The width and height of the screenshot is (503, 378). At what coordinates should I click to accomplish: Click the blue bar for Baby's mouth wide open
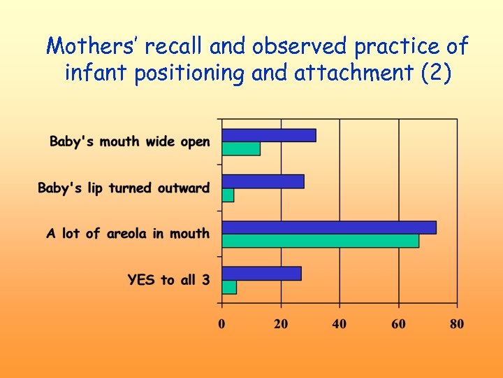click(269, 135)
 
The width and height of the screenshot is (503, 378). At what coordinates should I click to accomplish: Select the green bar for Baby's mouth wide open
click(241, 148)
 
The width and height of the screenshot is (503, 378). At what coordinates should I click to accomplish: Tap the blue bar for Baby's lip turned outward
click(263, 181)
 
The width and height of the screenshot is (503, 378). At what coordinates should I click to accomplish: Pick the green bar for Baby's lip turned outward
click(228, 195)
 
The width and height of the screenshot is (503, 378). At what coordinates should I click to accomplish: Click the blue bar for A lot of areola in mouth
click(329, 227)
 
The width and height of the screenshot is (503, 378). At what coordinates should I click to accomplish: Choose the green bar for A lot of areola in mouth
click(320, 241)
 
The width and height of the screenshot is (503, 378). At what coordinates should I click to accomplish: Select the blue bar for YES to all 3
click(261, 273)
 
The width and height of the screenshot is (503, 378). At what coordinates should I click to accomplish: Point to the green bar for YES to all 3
click(229, 287)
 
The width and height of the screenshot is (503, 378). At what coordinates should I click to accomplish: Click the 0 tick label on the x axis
click(221, 324)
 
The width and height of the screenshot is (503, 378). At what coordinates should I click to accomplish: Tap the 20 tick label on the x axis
click(281, 324)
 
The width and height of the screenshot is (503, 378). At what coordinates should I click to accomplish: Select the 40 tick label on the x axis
click(340, 324)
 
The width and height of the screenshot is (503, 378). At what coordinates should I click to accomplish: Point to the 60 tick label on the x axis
click(398, 324)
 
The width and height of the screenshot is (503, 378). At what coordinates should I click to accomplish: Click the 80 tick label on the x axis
click(457, 324)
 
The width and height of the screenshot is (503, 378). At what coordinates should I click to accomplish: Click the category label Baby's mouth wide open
click(129, 142)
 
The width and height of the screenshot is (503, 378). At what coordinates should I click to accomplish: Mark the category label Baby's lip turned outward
click(124, 188)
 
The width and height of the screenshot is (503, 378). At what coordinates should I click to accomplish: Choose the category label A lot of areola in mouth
click(128, 234)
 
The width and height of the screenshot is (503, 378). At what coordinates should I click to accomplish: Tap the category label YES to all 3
click(168, 280)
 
